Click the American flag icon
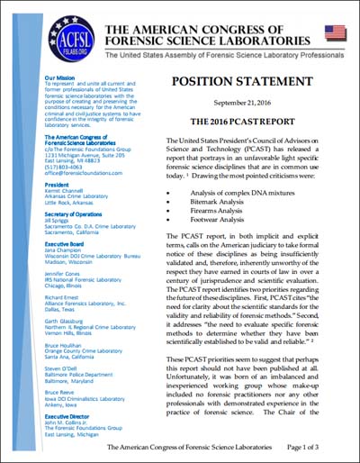pos(336,33)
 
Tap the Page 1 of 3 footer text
pos(320,447)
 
